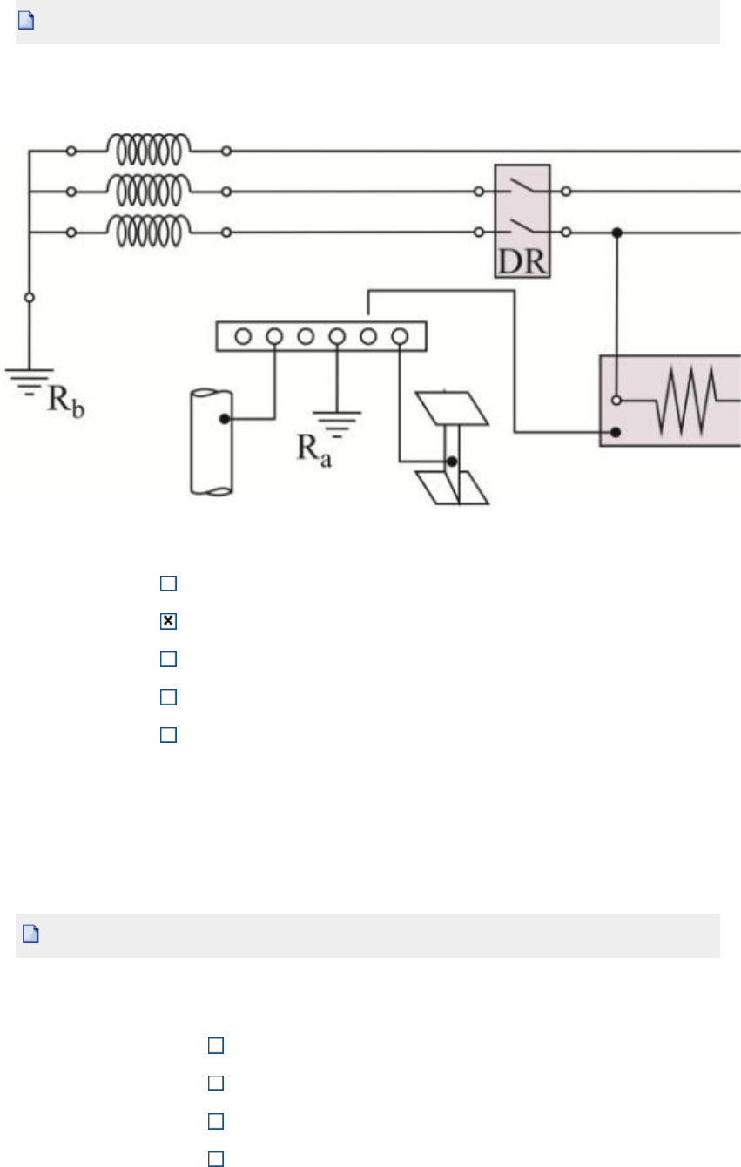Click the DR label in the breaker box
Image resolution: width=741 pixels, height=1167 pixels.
[x=522, y=261]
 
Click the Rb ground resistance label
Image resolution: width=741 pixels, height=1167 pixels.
[x=66, y=401]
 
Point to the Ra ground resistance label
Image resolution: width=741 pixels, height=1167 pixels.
[x=314, y=450]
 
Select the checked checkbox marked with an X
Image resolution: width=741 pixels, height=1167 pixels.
[x=168, y=621]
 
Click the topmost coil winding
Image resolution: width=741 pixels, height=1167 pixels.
[x=149, y=150]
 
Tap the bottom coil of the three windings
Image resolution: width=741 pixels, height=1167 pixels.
[x=149, y=231]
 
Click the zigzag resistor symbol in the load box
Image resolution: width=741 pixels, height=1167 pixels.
[x=686, y=401]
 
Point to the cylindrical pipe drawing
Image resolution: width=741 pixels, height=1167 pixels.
[x=212, y=442]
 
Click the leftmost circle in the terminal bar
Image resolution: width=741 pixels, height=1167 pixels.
[x=243, y=336]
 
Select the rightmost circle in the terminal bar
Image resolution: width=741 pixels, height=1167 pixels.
[x=400, y=336]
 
